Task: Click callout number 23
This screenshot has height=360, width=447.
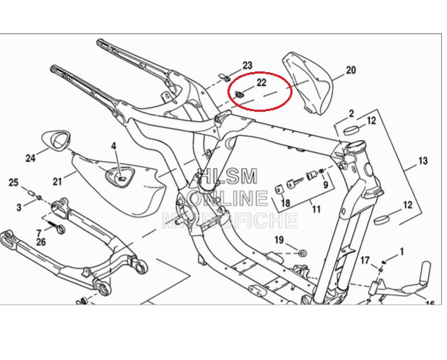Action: [247, 66]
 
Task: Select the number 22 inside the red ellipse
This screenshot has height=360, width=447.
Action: [261, 83]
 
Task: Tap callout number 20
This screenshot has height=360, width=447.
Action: [351, 71]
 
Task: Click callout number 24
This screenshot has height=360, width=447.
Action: [30, 158]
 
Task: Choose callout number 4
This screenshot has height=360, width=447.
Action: [113, 146]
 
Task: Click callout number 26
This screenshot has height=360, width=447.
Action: [40, 242]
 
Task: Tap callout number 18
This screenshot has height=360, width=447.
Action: [285, 203]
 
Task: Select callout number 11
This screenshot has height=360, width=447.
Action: [316, 209]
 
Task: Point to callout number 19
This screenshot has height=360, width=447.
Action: [279, 240]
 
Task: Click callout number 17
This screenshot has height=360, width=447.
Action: [365, 260]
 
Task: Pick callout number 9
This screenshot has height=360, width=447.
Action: [326, 185]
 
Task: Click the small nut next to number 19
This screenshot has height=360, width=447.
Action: [302, 253]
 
